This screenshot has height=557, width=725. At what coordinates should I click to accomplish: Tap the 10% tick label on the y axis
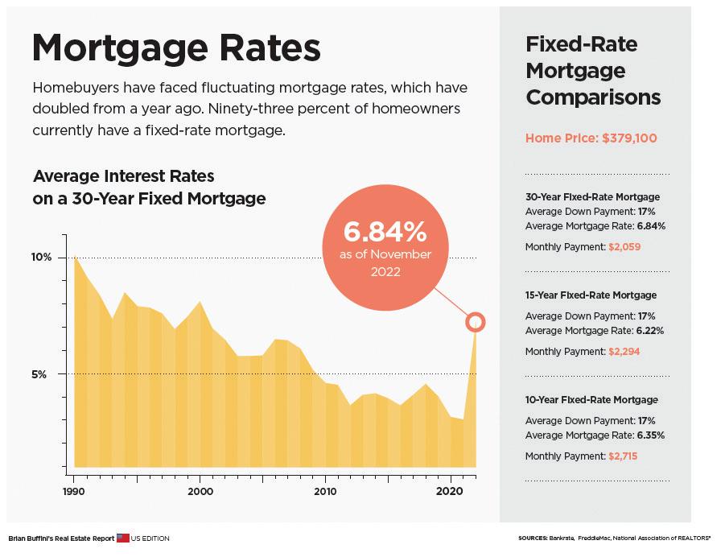click(41, 257)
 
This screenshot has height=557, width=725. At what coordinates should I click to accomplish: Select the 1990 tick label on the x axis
click(73, 491)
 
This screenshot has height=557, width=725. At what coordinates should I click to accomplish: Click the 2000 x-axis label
click(200, 491)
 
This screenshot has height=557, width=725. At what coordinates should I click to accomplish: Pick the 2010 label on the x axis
click(325, 491)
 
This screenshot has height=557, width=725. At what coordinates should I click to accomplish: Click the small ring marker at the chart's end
click(476, 322)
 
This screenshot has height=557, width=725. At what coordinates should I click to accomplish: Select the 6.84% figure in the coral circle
click(384, 233)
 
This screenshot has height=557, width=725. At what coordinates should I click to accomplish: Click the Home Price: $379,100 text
click(591, 138)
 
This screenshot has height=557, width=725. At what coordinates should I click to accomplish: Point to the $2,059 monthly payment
click(624, 247)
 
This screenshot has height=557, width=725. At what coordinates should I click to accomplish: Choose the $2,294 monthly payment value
click(624, 352)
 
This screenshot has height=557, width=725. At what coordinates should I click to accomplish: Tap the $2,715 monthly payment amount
click(624, 456)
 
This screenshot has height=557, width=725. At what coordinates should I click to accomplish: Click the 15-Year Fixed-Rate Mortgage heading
click(591, 295)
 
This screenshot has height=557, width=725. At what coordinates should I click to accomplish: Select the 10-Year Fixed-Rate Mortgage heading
click(591, 400)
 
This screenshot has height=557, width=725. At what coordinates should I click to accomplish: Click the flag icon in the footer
click(122, 538)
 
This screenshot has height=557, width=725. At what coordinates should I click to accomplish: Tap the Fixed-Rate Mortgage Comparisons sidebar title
click(593, 71)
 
